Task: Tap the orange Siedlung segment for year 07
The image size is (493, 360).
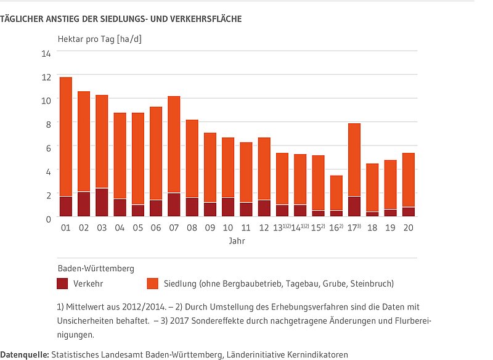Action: click(x=174, y=145)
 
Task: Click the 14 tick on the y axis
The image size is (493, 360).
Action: click(x=46, y=53)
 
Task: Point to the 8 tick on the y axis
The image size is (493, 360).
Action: click(x=48, y=123)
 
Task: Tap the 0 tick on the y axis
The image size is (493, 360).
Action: click(x=48, y=218)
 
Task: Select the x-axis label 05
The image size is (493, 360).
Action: click(x=138, y=228)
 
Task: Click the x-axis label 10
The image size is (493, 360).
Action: click(x=228, y=228)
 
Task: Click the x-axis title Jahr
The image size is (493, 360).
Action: click(x=237, y=241)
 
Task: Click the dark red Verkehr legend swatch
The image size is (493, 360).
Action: click(x=62, y=284)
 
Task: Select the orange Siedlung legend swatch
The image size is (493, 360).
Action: click(x=153, y=284)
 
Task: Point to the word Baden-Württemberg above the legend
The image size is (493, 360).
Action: click(x=96, y=268)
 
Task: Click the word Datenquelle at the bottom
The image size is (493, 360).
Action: click(x=25, y=354)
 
